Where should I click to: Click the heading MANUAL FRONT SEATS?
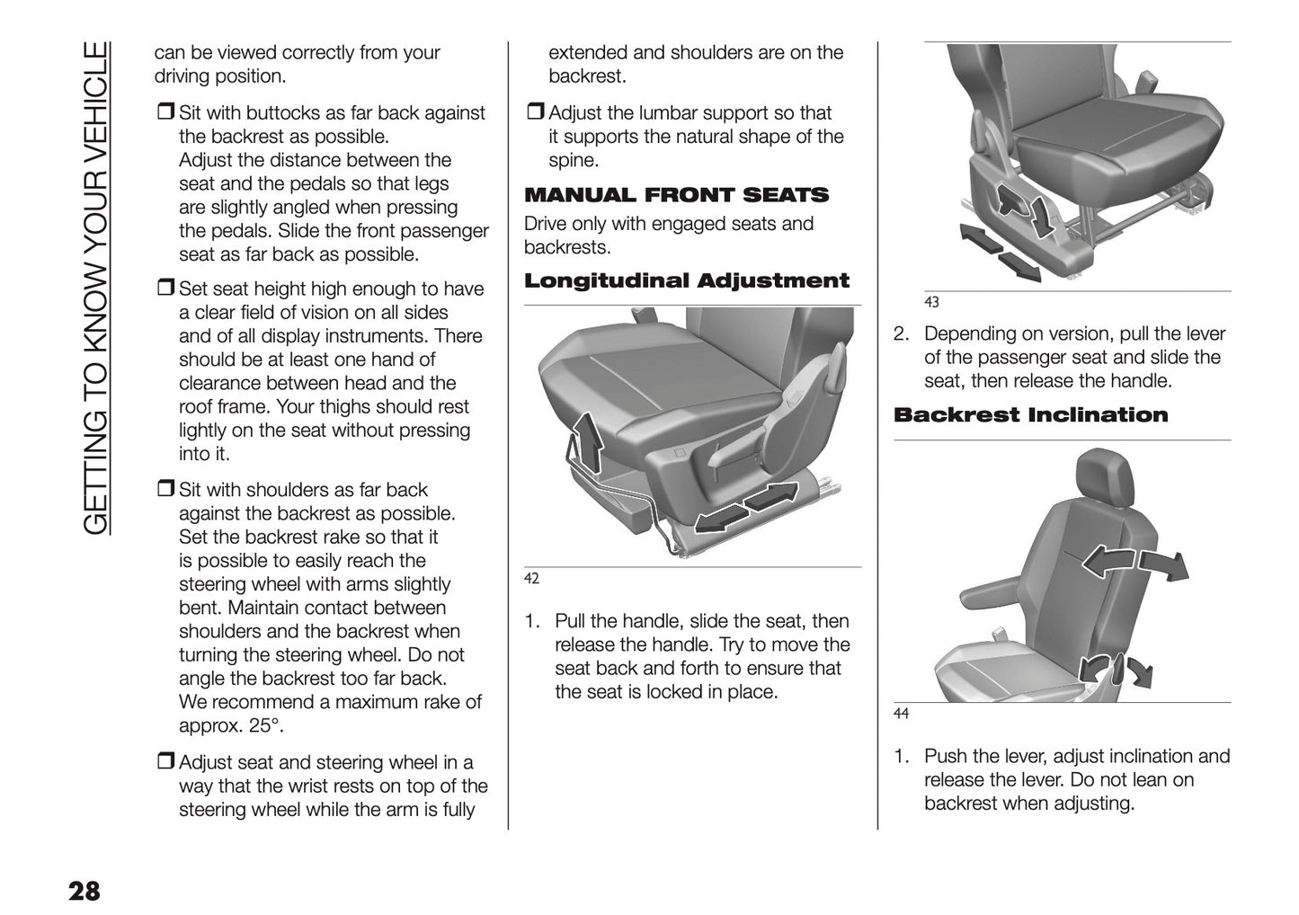tap(676, 195)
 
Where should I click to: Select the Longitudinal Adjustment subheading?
tap(686, 280)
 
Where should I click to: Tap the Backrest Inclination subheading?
tap(1030, 414)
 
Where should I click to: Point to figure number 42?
tap(531, 579)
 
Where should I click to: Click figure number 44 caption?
tap(901, 715)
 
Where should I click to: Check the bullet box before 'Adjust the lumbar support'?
tap(534, 114)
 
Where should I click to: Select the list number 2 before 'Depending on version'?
tap(902, 334)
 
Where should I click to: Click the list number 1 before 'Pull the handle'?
tap(532, 621)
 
